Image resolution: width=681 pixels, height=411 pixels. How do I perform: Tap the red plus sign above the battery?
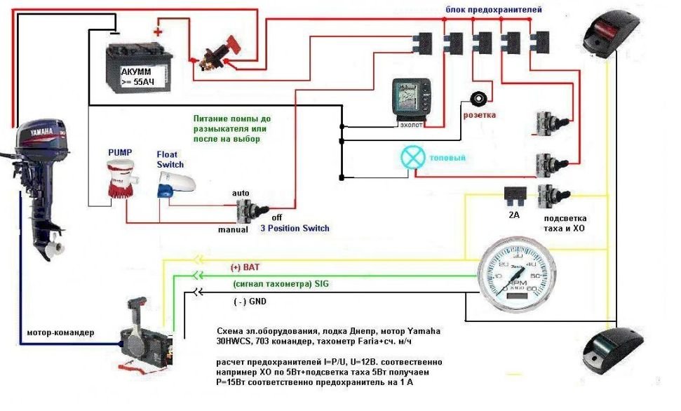[157, 32]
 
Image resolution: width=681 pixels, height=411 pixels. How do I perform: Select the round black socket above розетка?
[480, 98]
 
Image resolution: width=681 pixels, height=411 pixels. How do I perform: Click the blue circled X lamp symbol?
[412, 157]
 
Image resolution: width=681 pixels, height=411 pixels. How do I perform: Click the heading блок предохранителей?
[494, 10]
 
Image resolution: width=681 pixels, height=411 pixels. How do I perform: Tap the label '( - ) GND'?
[250, 302]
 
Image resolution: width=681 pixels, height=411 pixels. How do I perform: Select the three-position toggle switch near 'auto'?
[249, 210]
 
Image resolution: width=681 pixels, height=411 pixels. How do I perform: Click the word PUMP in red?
[119, 151]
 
